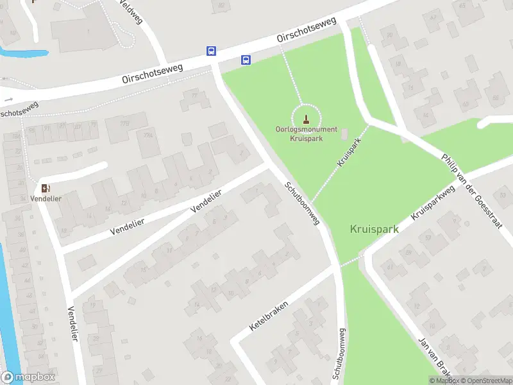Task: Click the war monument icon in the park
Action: (x=306, y=119)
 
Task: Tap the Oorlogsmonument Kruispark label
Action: (x=306, y=133)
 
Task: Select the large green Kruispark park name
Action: (x=374, y=228)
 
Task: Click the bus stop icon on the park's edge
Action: (x=246, y=60)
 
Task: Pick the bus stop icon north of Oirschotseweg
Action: (x=211, y=51)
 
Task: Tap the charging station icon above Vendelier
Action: (x=45, y=188)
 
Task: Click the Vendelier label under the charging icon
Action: (x=45, y=198)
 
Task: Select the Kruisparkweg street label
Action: (x=433, y=202)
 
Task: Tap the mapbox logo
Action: (x=28, y=377)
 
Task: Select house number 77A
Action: (x=148, y=135)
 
